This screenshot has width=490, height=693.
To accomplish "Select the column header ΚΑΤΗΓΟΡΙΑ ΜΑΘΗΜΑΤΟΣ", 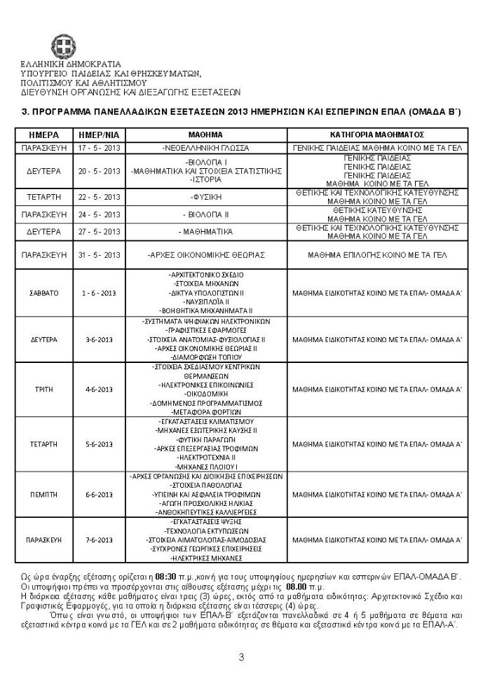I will pos(376,135).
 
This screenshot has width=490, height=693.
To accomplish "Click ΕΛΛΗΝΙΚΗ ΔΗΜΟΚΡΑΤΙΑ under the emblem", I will pos(71,64).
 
